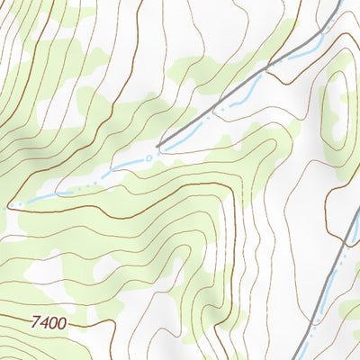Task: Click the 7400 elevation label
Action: point(48,321)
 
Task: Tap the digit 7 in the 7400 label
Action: point(34,320)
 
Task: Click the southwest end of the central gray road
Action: point(158,146)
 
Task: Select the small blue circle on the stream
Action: point(149,157)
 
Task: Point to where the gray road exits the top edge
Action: point(340,2)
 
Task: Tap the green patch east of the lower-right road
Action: point(349,310)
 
